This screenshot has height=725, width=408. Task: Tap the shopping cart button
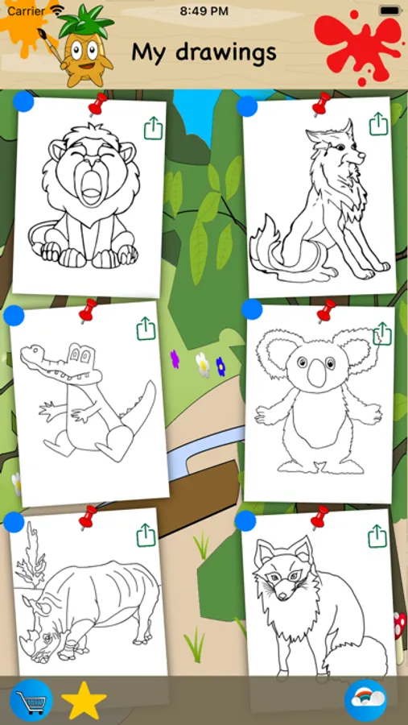click(31, 700)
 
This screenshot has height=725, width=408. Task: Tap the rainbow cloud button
click(365, 700)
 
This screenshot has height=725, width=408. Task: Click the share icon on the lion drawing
click(154, 127)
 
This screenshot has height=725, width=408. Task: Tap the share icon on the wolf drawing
click(378, 123)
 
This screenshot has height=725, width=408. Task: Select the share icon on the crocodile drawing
click(146, 329)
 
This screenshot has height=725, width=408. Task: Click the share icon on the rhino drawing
click(146, 535)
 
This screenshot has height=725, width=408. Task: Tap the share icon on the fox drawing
click(377, 536)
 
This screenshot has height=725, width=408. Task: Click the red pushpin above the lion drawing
click(97, 104)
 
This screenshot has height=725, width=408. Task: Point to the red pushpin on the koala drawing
click(326, 311)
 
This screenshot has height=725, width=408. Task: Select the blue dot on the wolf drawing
click(247, 106)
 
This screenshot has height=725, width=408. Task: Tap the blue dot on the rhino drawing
click(14, 522)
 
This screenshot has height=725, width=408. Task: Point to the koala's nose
click(317, 374)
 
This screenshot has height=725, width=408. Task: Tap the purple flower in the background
click(175, 359)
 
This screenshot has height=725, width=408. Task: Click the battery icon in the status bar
click(389, 10)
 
